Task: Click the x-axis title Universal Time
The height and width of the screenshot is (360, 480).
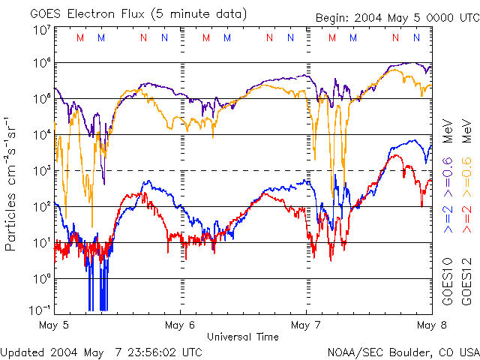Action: [242, 337]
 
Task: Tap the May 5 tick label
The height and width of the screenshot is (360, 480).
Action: [54, 325]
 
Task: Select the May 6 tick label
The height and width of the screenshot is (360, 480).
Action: [179, 325]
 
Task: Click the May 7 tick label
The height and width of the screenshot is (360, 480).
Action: [305, 325]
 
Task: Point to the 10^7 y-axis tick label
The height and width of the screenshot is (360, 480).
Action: [42, 30]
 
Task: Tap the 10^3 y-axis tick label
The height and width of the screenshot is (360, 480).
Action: [42, 171]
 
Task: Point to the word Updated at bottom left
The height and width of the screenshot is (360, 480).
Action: [21, 351]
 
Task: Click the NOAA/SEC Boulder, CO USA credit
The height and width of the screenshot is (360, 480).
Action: [403, 351]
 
